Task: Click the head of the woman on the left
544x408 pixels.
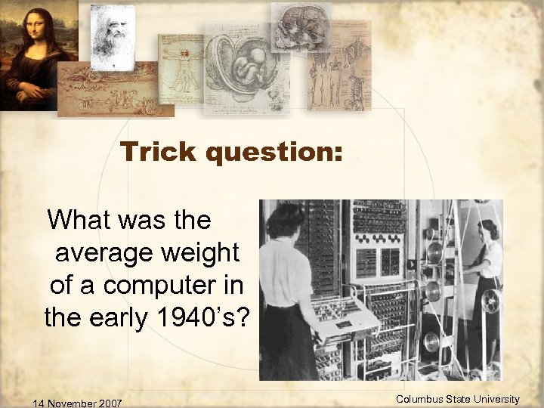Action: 286,220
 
